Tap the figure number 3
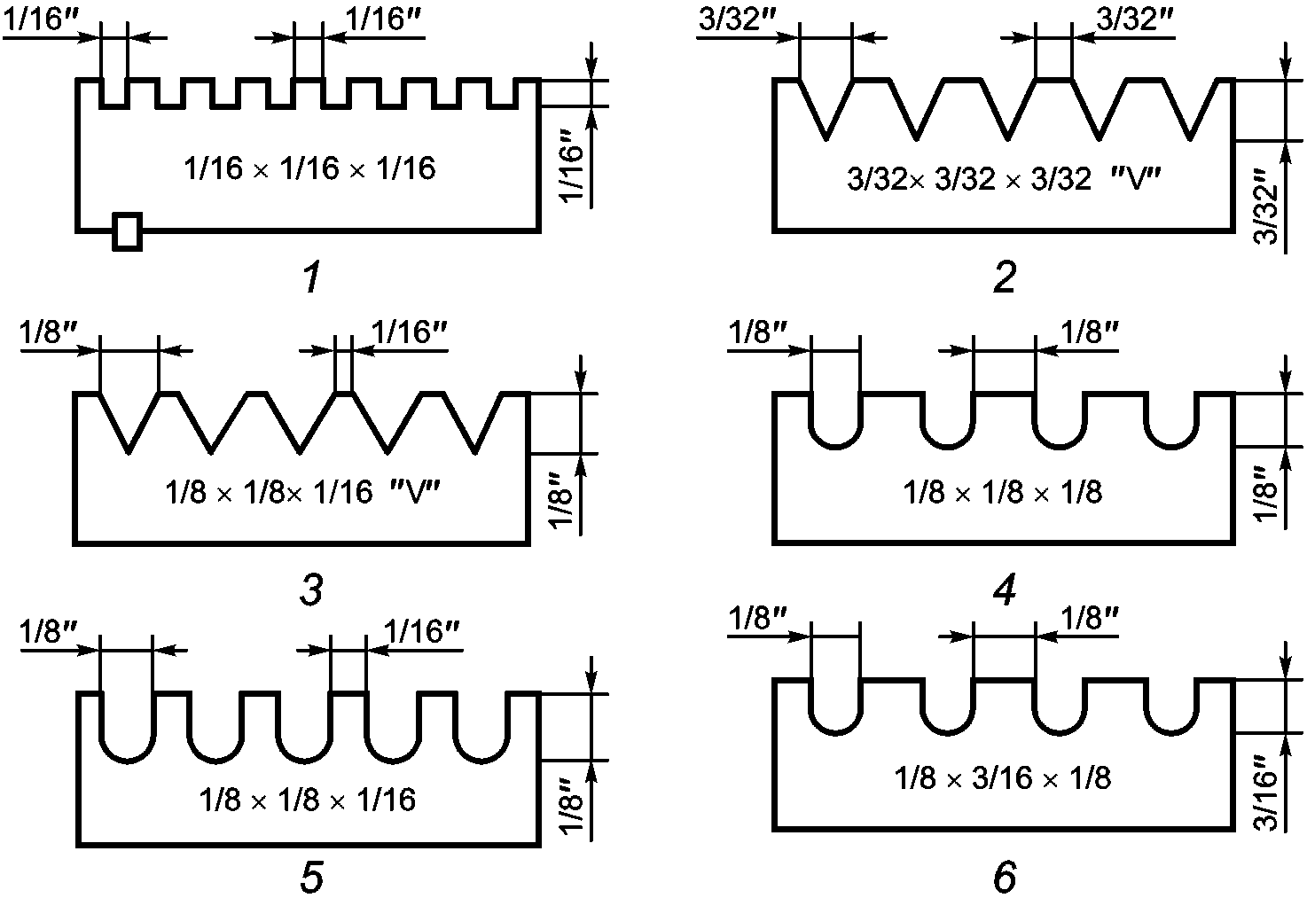(310, 591)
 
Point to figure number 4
(1005, 591)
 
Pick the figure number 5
(310, 878)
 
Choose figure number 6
(1005, 878)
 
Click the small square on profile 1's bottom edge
(128, 231)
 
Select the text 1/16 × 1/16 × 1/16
(310, 168)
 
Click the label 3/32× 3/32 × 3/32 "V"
(1004, 180)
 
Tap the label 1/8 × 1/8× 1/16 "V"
(303, 492)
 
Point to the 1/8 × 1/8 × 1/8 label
(1003, 492)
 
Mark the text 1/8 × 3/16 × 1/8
(1003, 778)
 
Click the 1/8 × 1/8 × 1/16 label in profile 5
(308, 800)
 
